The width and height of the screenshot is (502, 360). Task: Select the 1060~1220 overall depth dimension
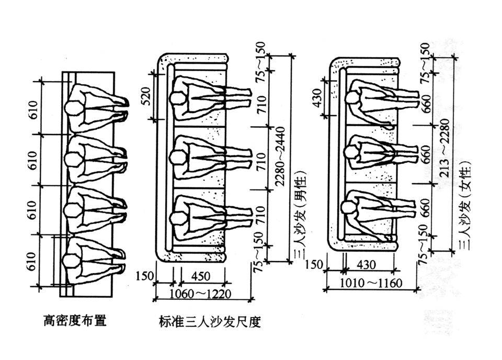(200, 294)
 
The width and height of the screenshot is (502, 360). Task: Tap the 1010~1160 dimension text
(371, 284)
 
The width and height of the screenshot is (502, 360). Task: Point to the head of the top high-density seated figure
(73, 108)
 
